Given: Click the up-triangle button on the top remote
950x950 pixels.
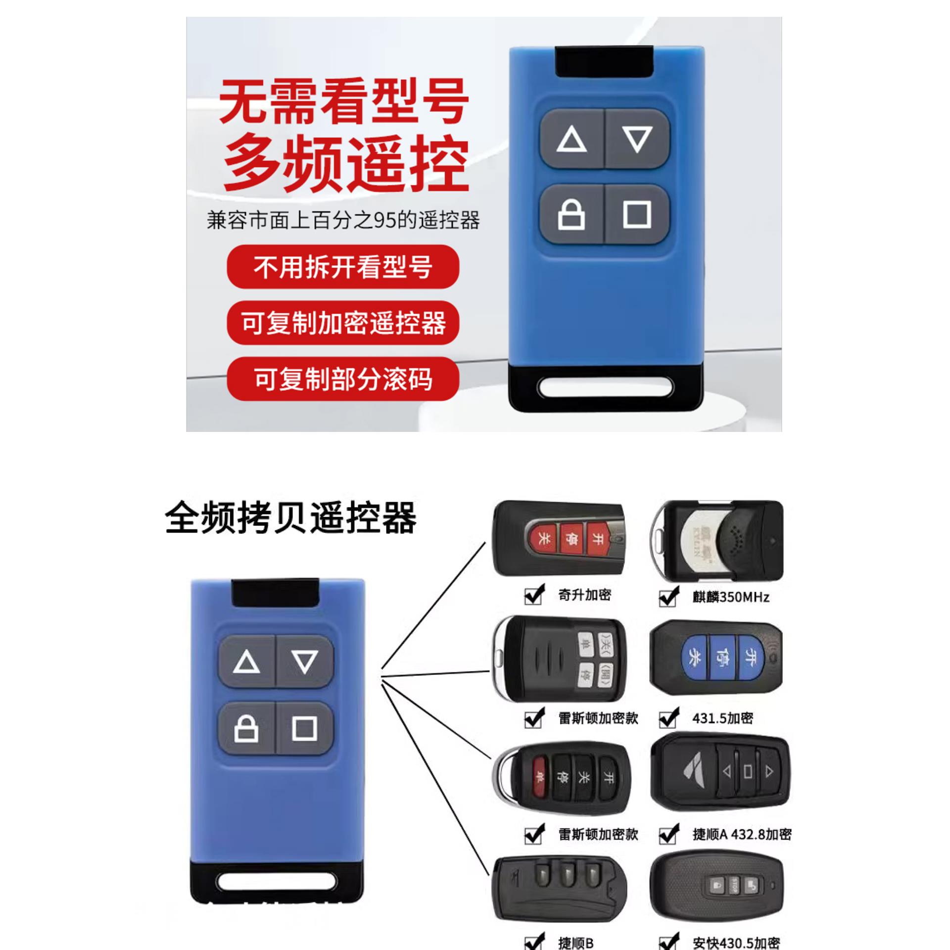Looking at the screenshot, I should [572, 139].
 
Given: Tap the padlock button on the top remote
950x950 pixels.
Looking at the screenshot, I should [571, 215].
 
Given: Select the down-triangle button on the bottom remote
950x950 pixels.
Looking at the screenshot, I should [304, 662].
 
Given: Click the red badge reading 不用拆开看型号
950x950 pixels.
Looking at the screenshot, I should [343, 267].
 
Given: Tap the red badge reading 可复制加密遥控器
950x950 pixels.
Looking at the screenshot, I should [343, 323].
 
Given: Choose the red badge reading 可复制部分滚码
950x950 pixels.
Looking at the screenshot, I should [343, 379].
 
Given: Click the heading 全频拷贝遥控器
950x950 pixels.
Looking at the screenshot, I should [290, 518].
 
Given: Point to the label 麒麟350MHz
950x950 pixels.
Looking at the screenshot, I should [731, 597].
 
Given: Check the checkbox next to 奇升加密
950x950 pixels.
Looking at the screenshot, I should [533, 595].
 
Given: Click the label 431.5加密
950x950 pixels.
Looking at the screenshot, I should [722, 718].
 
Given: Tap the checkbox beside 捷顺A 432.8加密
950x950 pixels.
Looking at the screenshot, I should [668, 835].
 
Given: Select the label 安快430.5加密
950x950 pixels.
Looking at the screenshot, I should [736, 943].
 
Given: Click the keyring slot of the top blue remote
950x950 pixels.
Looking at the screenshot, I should [606, 387].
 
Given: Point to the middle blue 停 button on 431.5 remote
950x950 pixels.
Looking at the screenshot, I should [722, 657].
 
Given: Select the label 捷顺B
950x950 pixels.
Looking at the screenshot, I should [575, 943].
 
